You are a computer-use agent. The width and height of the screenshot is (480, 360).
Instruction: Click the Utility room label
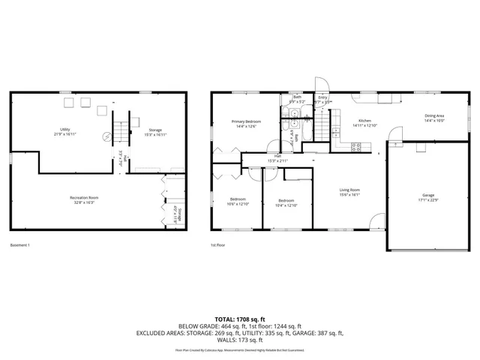point(65,130)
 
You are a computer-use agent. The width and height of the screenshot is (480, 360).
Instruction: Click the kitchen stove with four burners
point(356,147)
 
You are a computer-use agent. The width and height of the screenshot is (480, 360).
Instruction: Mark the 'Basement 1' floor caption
point(19,245)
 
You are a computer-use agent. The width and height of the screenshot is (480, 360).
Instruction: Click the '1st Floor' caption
point(218,245)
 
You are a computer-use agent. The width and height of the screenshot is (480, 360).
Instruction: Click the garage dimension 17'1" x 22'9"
point(427,200)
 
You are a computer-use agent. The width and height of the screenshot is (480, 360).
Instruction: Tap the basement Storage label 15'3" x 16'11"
point(154,132)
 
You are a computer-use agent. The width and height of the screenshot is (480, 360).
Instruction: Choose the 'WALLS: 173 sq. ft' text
point(239,340)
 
